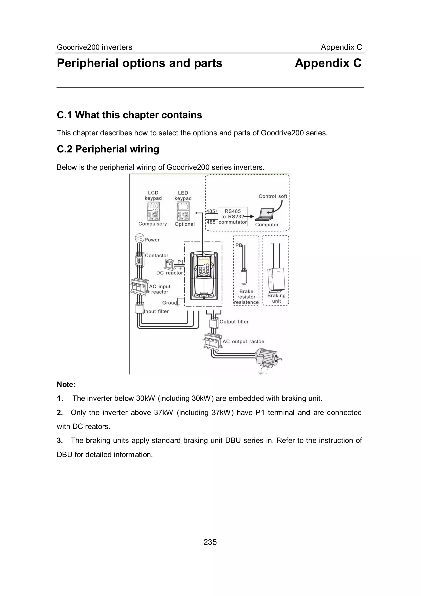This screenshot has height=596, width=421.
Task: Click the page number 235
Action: [x=210, y=542]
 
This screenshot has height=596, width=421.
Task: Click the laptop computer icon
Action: [x=265, y=214]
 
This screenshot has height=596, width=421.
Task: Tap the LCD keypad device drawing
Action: [x=153, y=211]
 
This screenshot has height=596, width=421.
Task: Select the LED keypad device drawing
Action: [x=183, y=211]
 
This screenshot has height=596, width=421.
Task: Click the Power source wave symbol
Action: [x=139, y=238]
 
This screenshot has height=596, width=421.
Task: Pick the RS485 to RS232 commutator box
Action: [x=232, y=217]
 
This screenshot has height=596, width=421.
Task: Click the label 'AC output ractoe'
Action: [x=243, y=342]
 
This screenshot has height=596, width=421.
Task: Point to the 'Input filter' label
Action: [x=156, y=311]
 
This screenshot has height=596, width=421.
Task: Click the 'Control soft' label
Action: [x=273, y=196]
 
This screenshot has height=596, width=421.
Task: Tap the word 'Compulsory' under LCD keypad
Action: [x=153, y=224]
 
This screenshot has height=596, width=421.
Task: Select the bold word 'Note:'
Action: [x=66, y=384]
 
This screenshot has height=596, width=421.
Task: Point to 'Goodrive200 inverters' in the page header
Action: [x=94, y=47]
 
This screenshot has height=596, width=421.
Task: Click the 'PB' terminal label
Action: [x=238, y=245]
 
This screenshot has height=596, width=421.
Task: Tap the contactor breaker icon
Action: [x=139, y=260]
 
